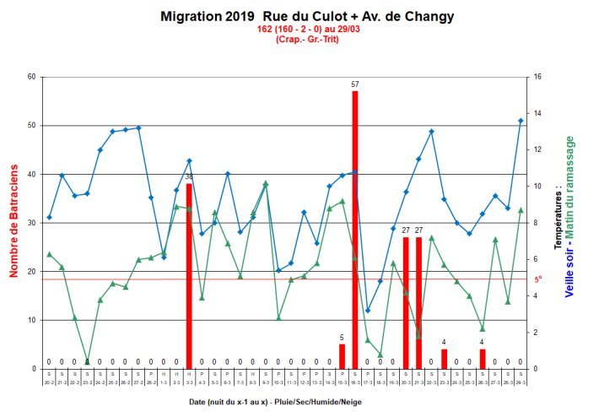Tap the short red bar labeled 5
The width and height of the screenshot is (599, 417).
[342, 356]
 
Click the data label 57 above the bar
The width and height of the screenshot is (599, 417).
[355, 84]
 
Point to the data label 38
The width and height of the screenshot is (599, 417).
[189, 176]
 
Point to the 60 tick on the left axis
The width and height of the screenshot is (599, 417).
[32, 77]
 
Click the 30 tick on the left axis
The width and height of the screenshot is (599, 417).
[32, 223]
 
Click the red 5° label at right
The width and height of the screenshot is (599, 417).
[537, 279]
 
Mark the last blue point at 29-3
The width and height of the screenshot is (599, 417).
[521, 121]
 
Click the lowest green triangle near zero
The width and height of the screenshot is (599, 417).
[87, 361]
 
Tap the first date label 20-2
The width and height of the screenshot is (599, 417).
[49, 381]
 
